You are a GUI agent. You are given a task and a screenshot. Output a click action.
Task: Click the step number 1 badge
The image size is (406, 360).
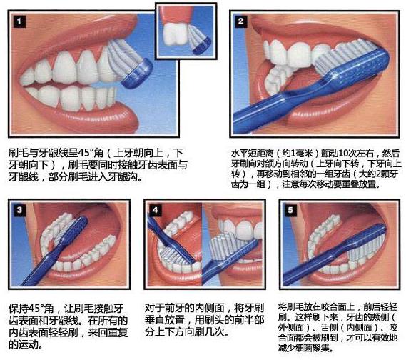coord(19,21)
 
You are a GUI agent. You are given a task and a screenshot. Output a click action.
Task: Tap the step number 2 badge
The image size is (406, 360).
coord(240,21)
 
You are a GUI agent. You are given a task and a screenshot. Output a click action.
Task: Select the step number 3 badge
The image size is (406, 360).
coord(19,210)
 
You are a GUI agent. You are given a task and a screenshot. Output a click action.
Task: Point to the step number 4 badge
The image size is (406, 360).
coord(155,210)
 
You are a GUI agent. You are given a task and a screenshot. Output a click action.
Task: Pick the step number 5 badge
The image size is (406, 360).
coord(290,210)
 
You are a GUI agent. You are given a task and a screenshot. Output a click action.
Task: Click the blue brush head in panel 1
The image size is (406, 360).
coord(137,74)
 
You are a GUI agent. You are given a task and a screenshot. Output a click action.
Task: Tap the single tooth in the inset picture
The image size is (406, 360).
coord(174,33)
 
